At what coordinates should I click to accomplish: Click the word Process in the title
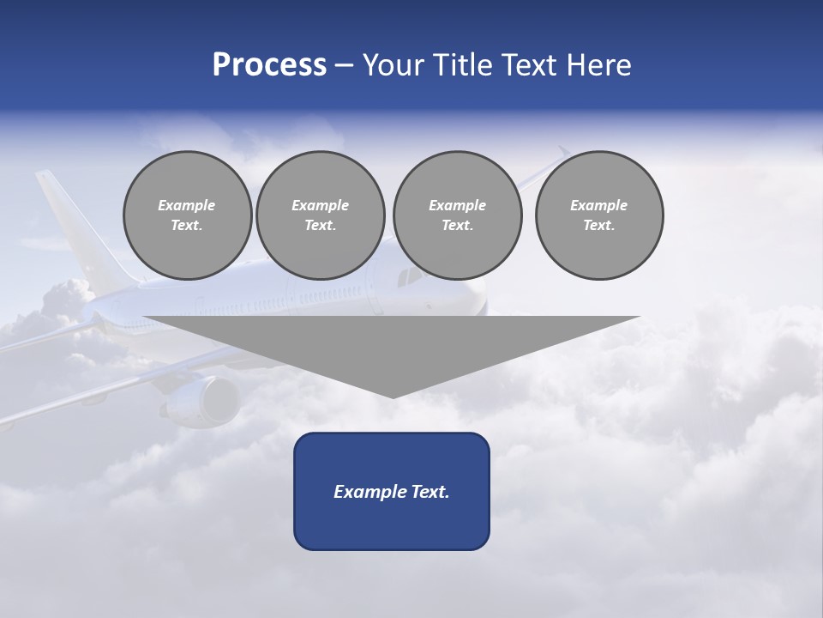point(269,65)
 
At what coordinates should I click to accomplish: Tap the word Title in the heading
point(463,65)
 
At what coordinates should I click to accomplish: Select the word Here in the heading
point(599,65)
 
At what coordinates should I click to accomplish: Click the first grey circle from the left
point(187,215)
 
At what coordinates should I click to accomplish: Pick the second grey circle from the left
point(320,215)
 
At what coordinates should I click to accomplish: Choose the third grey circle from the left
point(457,215)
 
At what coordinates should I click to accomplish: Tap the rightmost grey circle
point(598,215)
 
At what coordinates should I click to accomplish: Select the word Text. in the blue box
point(430,492)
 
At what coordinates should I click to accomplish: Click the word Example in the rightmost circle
point(598,205)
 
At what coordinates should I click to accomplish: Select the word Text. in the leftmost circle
point(187,226)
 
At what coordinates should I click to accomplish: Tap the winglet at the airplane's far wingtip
point(562,152)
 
